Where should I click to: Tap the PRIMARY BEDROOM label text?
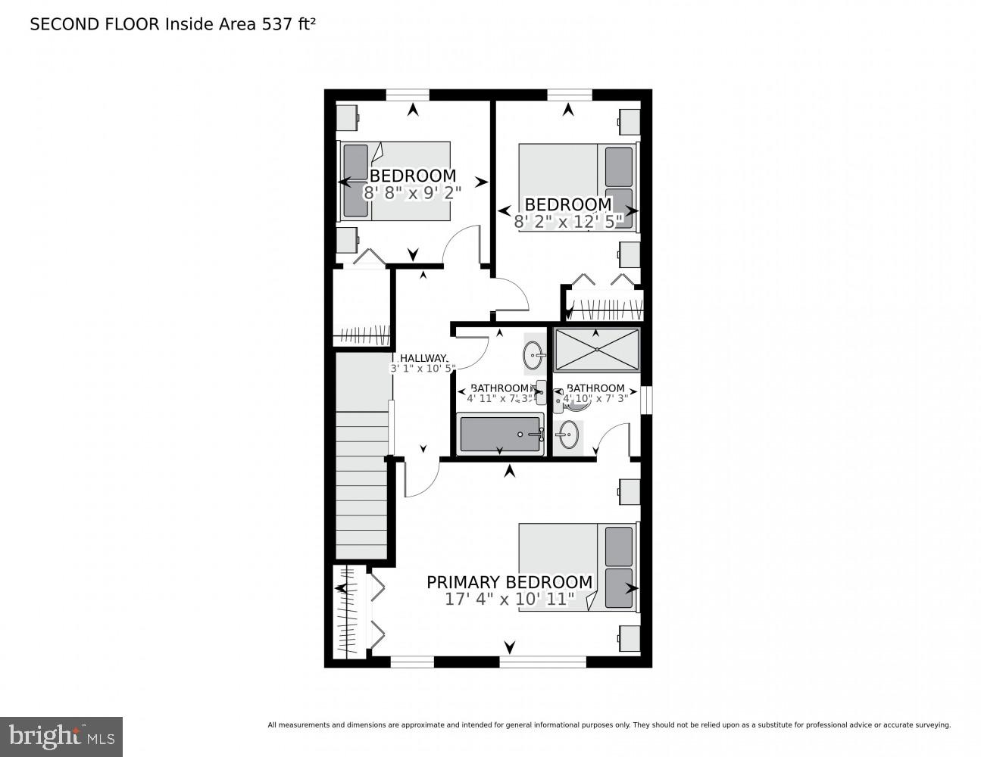tap(509, 582)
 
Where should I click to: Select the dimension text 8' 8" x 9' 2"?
tap(412, 192)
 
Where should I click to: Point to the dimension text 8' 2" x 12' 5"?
tap(567, 221)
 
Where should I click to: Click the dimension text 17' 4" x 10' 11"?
tap(509, 600)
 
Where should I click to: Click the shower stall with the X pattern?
tap(597, 349)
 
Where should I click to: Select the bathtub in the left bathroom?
tap(500, 435)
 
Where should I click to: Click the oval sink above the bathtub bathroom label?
tap(533, 353)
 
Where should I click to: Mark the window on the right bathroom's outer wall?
tap(646, 400)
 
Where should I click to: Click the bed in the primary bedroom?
tap(577, 566)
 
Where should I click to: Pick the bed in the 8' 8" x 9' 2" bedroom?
tap(394, 182)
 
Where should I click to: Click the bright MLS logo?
tap(61, 736)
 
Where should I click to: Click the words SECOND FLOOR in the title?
tap(95, 24)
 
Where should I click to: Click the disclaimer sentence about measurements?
tap(608, 725)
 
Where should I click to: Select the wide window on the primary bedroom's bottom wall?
tap(542, 662)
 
